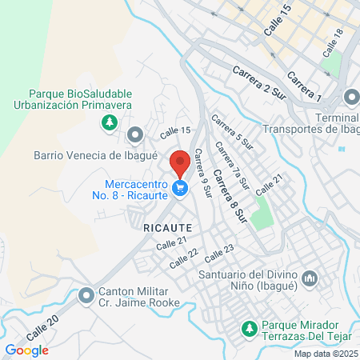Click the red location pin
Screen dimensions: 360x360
[x=180, y=162]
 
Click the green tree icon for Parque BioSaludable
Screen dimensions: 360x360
[x=109, y=122]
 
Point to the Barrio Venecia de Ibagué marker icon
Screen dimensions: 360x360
[x=134, y=134]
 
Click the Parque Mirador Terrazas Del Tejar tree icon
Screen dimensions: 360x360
[x=250, y=328]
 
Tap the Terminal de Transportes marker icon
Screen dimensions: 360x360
[x=351, y=98]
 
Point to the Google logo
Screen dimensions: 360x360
[x=26, y=350]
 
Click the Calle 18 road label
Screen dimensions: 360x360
[x=333, y=42]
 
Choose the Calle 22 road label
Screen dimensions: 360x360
[x=183, y=258]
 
